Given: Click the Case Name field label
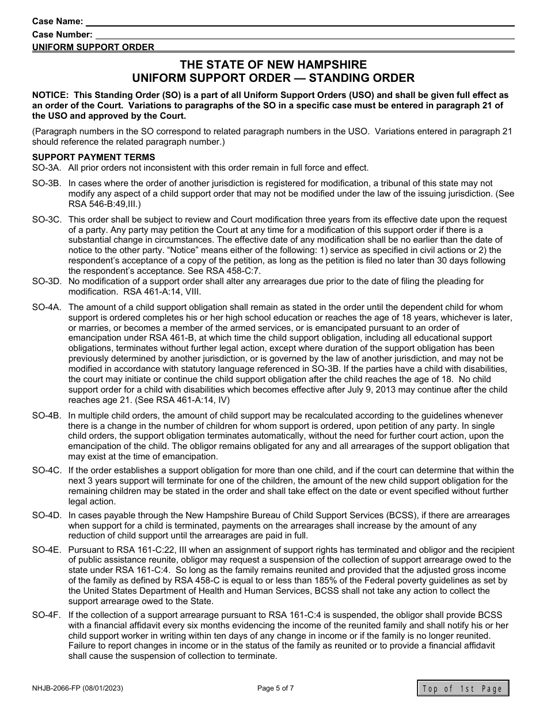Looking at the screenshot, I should (x=58, y=21).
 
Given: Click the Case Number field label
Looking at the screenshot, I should (x=62, y=34).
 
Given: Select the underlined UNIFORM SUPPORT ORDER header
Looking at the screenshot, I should (x=93, y=47).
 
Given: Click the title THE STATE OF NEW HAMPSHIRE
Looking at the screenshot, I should (x=273, y=65).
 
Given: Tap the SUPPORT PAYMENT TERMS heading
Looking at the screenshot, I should (x=93, y=157).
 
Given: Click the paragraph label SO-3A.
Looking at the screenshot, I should (x=47, y=168).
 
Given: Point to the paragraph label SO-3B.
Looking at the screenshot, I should (x=47, y=184).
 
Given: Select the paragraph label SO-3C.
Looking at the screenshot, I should (x=47, y=220).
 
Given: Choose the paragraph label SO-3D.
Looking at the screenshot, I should (x=47, y=281).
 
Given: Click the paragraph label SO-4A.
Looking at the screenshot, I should (x=47, y=307).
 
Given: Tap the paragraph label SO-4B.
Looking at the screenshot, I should (x=47, y=416).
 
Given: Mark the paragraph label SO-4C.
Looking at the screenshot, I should (x=47, y=470).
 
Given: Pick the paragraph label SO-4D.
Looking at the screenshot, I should (x=47, y=515).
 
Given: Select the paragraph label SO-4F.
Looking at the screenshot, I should (x=47, y=615).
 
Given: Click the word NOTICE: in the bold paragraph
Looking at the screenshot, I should (x=50, y=95).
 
